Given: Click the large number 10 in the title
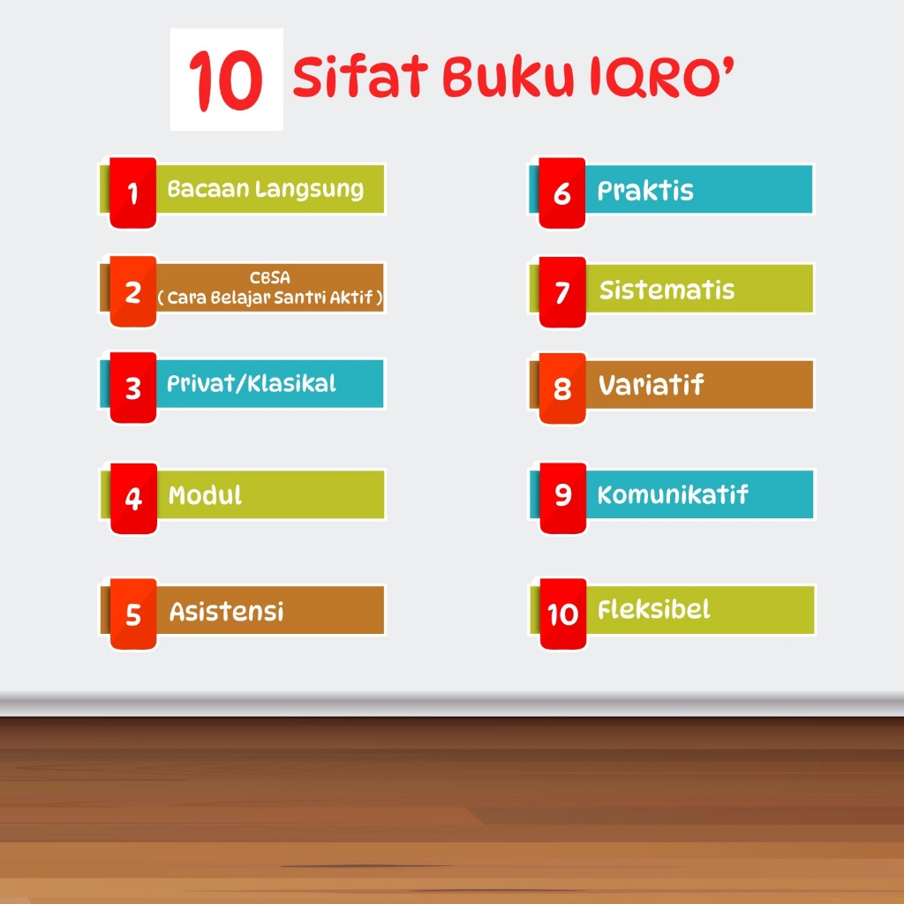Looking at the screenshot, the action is pyautogui.click(x=226, y=80).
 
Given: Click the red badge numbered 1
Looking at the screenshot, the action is pyautogui.click(x=132, y=192).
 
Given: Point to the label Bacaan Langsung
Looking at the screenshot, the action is pyautogui.click(x=266, y=190).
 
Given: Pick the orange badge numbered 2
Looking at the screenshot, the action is pyautogui.click(x=132, y=291).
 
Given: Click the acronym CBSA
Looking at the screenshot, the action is pyautogui.click(x=270, y=278).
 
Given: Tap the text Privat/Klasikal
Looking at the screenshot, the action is pyautogui.click(x=252, y=384).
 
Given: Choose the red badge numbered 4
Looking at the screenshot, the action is pyautogui.click(x=133, y=498).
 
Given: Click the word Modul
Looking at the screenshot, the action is pyautogui.click(x=205, y=495).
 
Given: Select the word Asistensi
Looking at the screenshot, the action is pyautogui.click(x=227, y=611).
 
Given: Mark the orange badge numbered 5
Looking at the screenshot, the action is pyautogui.click(x=133, y=614).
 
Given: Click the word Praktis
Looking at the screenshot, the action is pyautogui.click(x=645, y=191).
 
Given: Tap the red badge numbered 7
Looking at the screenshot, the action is pyautogui.click(x=562, y=291).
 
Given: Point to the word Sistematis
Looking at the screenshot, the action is pyautogui.click(x=667, y=290).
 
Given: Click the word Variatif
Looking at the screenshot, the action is pyautogui.click(x=651, y=385).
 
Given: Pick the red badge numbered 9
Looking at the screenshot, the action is pyautogui.click(x=562, y=498).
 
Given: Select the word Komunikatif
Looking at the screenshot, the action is pyautogui.click(x=673, y=494).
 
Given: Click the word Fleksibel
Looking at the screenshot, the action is pyautogui.click(x=654, y=609).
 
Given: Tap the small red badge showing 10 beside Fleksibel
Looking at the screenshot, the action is pyautogui.click(x=562, y=614).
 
